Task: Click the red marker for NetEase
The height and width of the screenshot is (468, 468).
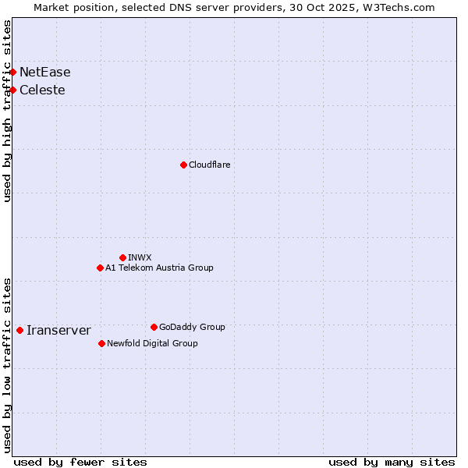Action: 12,72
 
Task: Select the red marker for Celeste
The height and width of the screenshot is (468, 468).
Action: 12,90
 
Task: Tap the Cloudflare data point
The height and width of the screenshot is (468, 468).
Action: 183,165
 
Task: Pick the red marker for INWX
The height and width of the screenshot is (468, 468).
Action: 122,257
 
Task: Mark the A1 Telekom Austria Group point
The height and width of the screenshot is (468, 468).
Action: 100,268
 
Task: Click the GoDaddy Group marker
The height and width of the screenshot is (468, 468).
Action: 154,327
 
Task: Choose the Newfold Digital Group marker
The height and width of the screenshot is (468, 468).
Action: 101,343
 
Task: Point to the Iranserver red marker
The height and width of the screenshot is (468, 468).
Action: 19,330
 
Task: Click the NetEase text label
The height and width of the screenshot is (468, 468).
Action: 45,73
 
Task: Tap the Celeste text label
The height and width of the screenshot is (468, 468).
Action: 42,90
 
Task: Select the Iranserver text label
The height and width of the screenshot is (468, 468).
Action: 58,331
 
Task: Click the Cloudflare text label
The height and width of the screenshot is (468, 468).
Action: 209,165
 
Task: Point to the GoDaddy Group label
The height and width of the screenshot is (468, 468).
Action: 192,328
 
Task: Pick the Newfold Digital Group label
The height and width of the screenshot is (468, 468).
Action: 152,344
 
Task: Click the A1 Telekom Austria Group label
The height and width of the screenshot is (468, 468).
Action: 159,268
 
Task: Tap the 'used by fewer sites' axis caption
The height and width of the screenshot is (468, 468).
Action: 80,462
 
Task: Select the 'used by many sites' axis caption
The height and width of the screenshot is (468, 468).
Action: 392,462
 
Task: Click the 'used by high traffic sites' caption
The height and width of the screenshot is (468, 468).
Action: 8,111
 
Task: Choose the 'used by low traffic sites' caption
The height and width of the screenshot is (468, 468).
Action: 8,364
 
